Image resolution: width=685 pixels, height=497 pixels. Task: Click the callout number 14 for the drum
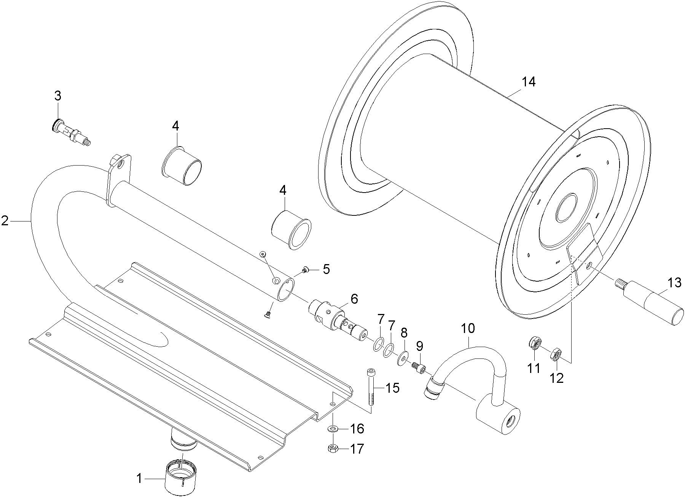pyautogui.click(x=529, y=82)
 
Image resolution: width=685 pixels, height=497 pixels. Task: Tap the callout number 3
pyautogui.click(x=57, y=96)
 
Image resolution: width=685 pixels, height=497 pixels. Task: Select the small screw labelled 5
pyautogui.click(x=305, y=270)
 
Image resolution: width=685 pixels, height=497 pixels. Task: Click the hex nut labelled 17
pyautogui.click(x=332, y=449)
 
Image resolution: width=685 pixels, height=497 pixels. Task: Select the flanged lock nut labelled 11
pyautogui.click(x=534, y=344)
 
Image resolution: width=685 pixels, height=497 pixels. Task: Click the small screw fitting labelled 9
pyautogui.click(x=419, y=368)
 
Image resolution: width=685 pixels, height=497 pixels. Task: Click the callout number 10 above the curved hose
pyautogui.click(x=468, y=328)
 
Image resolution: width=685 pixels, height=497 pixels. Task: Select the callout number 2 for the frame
pyautogui.click(x=5, y=220)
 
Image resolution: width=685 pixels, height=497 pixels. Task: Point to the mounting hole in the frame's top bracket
pyautogui.click(x=121, y=166)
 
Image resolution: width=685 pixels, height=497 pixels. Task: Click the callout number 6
pyautogui.click(x=354, y=299)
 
